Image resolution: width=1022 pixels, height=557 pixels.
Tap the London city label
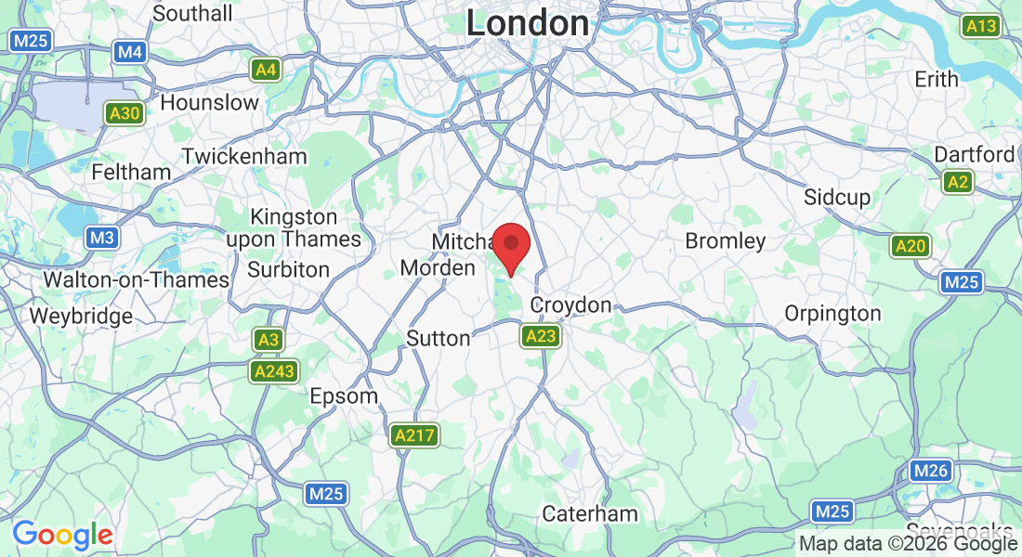coord(527,23)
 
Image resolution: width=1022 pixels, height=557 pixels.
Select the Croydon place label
coord(570,304)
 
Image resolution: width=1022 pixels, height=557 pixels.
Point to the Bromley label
coord(725,241)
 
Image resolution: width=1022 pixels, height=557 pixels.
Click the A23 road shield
coord(540,336)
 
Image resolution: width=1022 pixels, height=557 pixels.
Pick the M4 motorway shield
coord(130,52)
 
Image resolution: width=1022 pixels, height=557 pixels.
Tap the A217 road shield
coord(414,434)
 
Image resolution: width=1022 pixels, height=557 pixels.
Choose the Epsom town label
coord(344,396)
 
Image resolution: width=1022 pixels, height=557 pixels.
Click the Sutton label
coord(439,338)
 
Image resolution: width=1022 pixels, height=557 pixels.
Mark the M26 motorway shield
coord(929,471)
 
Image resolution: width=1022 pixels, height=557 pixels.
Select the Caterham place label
coord(590,513)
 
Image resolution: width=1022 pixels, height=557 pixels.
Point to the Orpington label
coord(832,314)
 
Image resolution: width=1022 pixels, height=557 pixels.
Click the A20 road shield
coord(910,246)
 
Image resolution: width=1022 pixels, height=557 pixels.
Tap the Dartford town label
coord(975,154)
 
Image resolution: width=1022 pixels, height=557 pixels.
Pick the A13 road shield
coord(981,26)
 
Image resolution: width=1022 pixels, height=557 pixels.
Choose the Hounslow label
coord(209,102)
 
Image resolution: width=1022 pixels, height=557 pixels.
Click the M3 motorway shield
coord(102,238)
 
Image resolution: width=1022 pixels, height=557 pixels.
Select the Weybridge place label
coord(81,317)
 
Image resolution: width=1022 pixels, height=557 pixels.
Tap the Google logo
coord(62,535)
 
